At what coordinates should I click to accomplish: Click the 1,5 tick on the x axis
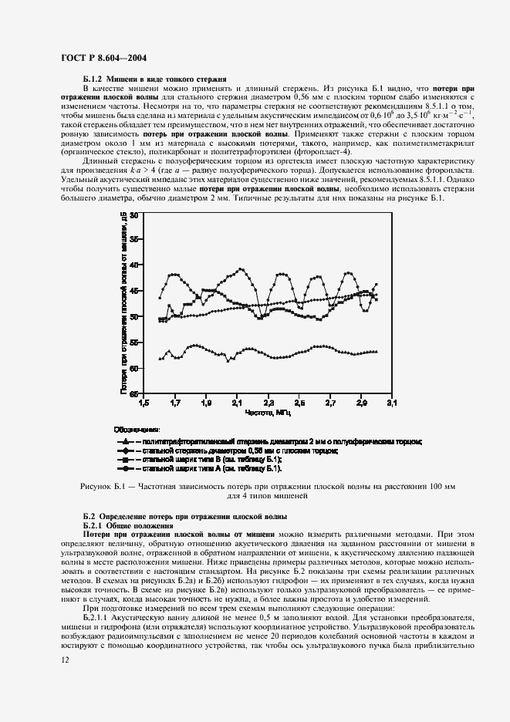pos(143,403)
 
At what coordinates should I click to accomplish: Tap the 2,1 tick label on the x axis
pos(237,403)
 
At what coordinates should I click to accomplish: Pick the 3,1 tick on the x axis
pos(391,403)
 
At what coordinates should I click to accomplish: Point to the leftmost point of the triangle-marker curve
pos(160,359)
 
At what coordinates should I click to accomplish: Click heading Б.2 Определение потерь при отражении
pos(184,515)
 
